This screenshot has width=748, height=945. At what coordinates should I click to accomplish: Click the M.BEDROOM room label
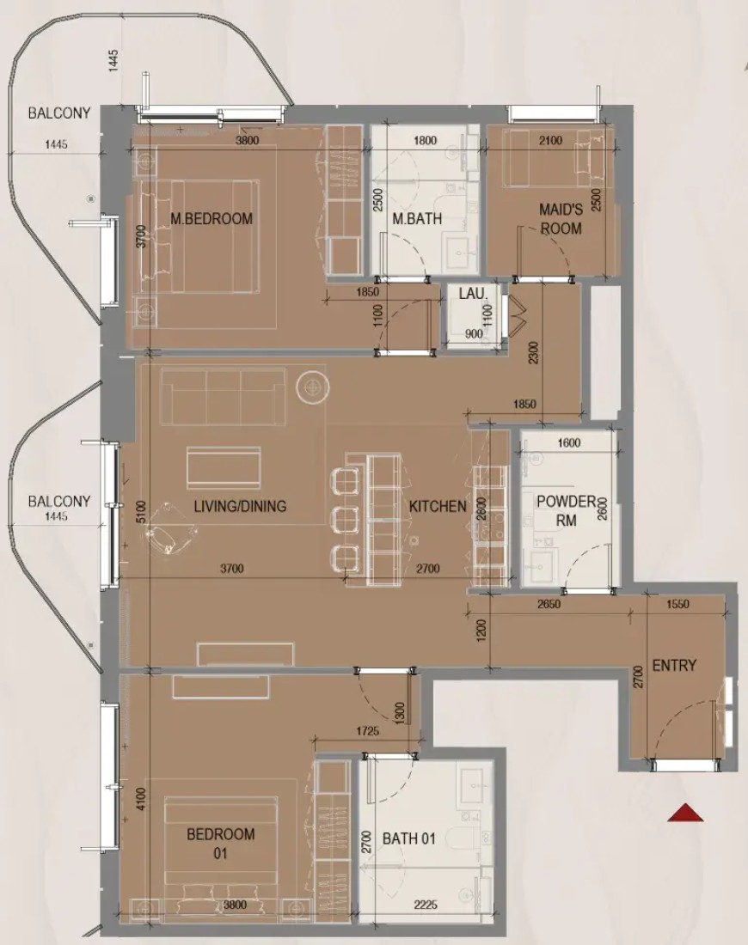pos(212,219)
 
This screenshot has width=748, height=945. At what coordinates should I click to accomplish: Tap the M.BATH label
pos(418,219)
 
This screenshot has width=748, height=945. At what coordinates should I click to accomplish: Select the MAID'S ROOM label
pos(561,219)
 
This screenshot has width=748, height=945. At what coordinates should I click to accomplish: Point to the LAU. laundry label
pos(473,294)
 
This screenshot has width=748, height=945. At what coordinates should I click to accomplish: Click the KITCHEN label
pos(438,506)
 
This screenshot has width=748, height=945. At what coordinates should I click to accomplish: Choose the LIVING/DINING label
pos(240,506)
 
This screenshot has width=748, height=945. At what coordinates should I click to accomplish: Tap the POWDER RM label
pos(567,510)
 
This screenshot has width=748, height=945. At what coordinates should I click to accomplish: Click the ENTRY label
pos(674,665)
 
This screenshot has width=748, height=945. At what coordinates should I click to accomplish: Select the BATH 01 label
pos(409,838)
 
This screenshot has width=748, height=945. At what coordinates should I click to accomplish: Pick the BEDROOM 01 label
pos(220,844)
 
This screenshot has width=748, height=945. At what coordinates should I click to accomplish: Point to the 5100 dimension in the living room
pos(141,512)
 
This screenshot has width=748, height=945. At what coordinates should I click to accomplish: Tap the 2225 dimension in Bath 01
pos(426,905)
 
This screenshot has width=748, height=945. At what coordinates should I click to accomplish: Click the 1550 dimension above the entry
pos(677,605)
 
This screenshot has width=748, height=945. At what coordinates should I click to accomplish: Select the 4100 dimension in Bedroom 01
pos(141,800)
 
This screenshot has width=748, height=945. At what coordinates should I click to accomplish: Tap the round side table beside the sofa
pos(312,387)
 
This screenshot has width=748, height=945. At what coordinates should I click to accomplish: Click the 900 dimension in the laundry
pos(474,333)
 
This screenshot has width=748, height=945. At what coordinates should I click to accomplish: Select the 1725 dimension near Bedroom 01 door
pos(367,731)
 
